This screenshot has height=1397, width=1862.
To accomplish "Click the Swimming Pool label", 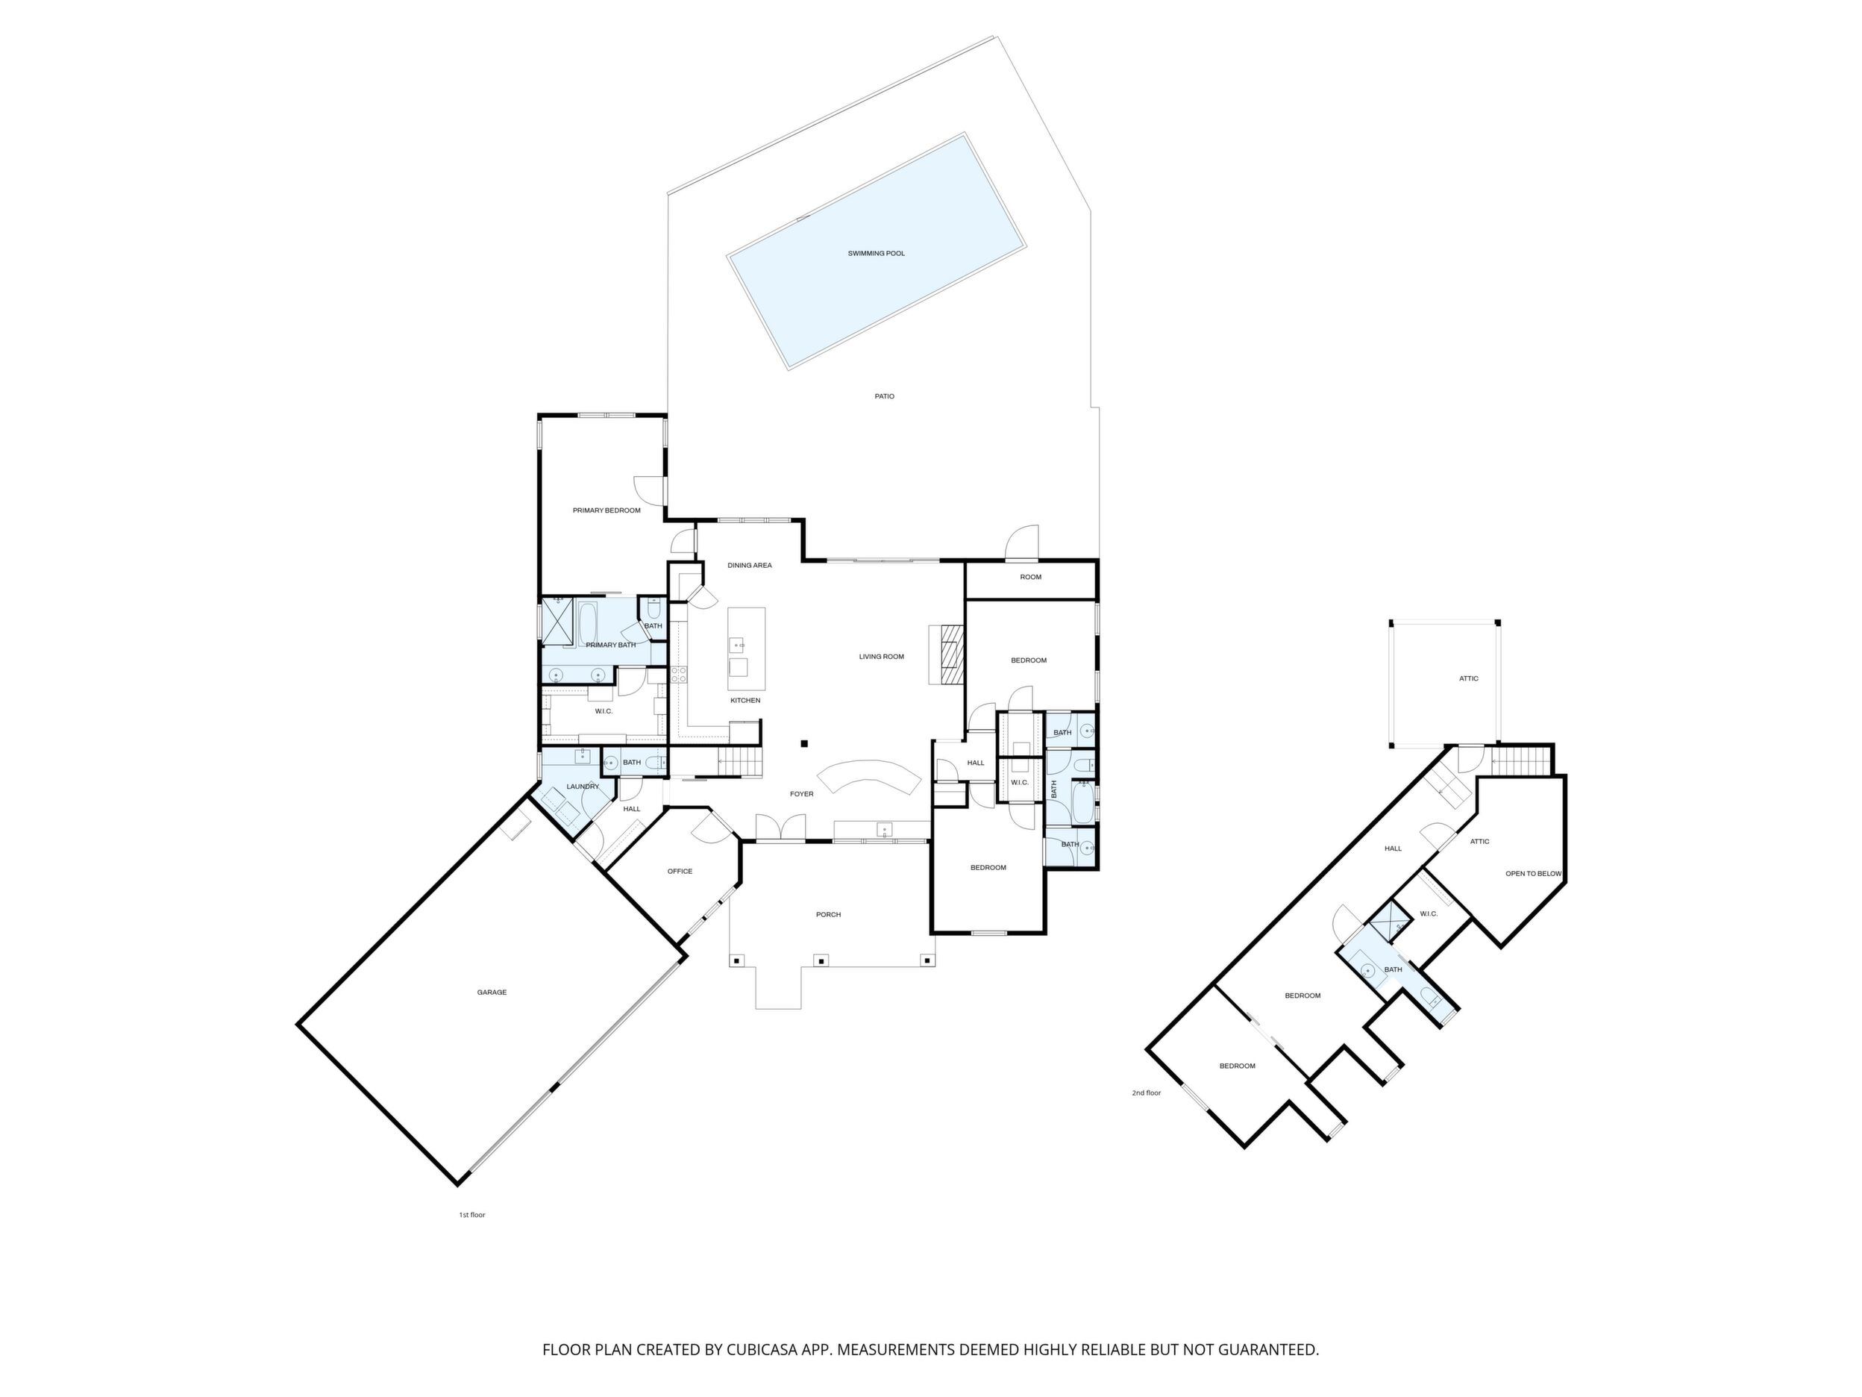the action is point(877,254).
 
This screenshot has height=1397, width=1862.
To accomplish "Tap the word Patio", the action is point(884,396).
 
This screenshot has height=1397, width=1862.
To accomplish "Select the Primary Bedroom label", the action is point(606,510).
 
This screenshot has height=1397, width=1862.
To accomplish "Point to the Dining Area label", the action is point(749,565).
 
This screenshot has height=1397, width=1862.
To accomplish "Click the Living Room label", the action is point(881,657).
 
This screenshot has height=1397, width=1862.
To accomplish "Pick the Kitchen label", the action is point(745,701).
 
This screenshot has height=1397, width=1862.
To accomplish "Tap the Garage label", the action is point(492,993).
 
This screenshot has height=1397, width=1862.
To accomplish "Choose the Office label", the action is point(680,872).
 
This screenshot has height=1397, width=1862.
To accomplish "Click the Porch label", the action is point(828,914).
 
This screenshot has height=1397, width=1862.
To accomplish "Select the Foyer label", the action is point(801,794).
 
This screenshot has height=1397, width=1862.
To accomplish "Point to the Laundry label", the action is point(583,787).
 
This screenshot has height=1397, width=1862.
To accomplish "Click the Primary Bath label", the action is point(610,645).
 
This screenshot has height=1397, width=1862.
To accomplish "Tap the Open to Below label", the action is point(1533,873).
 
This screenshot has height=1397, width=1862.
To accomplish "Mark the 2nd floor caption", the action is point(1146,1093).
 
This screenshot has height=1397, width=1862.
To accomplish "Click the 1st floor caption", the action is point(471,1215).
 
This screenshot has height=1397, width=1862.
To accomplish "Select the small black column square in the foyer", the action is point(805,743).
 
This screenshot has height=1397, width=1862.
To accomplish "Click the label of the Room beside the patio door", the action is point(1030,577).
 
